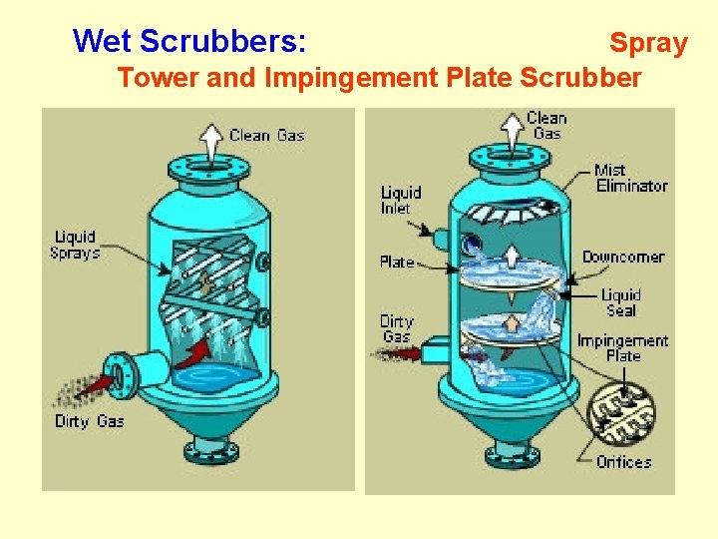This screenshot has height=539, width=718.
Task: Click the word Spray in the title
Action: pyautogui.click(x=648, y=43)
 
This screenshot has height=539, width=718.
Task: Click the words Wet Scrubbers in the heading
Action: pyautogui.click(x=189, y=41)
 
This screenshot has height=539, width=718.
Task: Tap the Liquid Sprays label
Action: pyautogui.click(x=76, y=245)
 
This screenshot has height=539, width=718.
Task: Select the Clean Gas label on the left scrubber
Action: pyautogui.click(x=266, y=136)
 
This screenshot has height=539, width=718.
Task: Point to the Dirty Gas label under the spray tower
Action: pyautogui.click(x=90, y=421)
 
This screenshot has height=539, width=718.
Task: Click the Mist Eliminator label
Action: pyautogui.click(x=631, y=178)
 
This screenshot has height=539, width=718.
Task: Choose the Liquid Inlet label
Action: pyautogui.click(x=401, y=200)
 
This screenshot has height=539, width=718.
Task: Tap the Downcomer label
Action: pyautogui.click(x=622, y=258)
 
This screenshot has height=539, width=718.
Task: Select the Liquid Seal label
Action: pyautogui.click(x=621, y=302)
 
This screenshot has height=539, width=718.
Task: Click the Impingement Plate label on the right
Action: pyautogui.click(x=622, y=348)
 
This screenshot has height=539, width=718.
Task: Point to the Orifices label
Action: pyautogui.click(x=623, y=462)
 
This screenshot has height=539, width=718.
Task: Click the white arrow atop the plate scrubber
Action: pyautogui.click(x=512, y=129)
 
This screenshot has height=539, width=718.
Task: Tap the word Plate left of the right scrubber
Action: pyautogui.click(x=396, y=263)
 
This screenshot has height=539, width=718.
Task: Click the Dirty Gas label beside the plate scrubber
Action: pyautogui.click(x=396, y=328)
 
